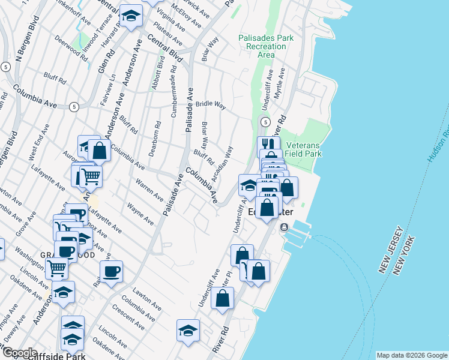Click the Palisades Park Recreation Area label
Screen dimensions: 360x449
point(266,46)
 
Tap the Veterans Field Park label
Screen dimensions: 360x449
point(303,149)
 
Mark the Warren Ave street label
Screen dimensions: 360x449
point(149,188)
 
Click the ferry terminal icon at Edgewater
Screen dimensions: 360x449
point(284,227)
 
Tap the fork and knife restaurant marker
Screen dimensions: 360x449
point(268,145)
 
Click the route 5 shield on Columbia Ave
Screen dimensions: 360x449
point(73,106)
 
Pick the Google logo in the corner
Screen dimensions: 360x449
point(20,353)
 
